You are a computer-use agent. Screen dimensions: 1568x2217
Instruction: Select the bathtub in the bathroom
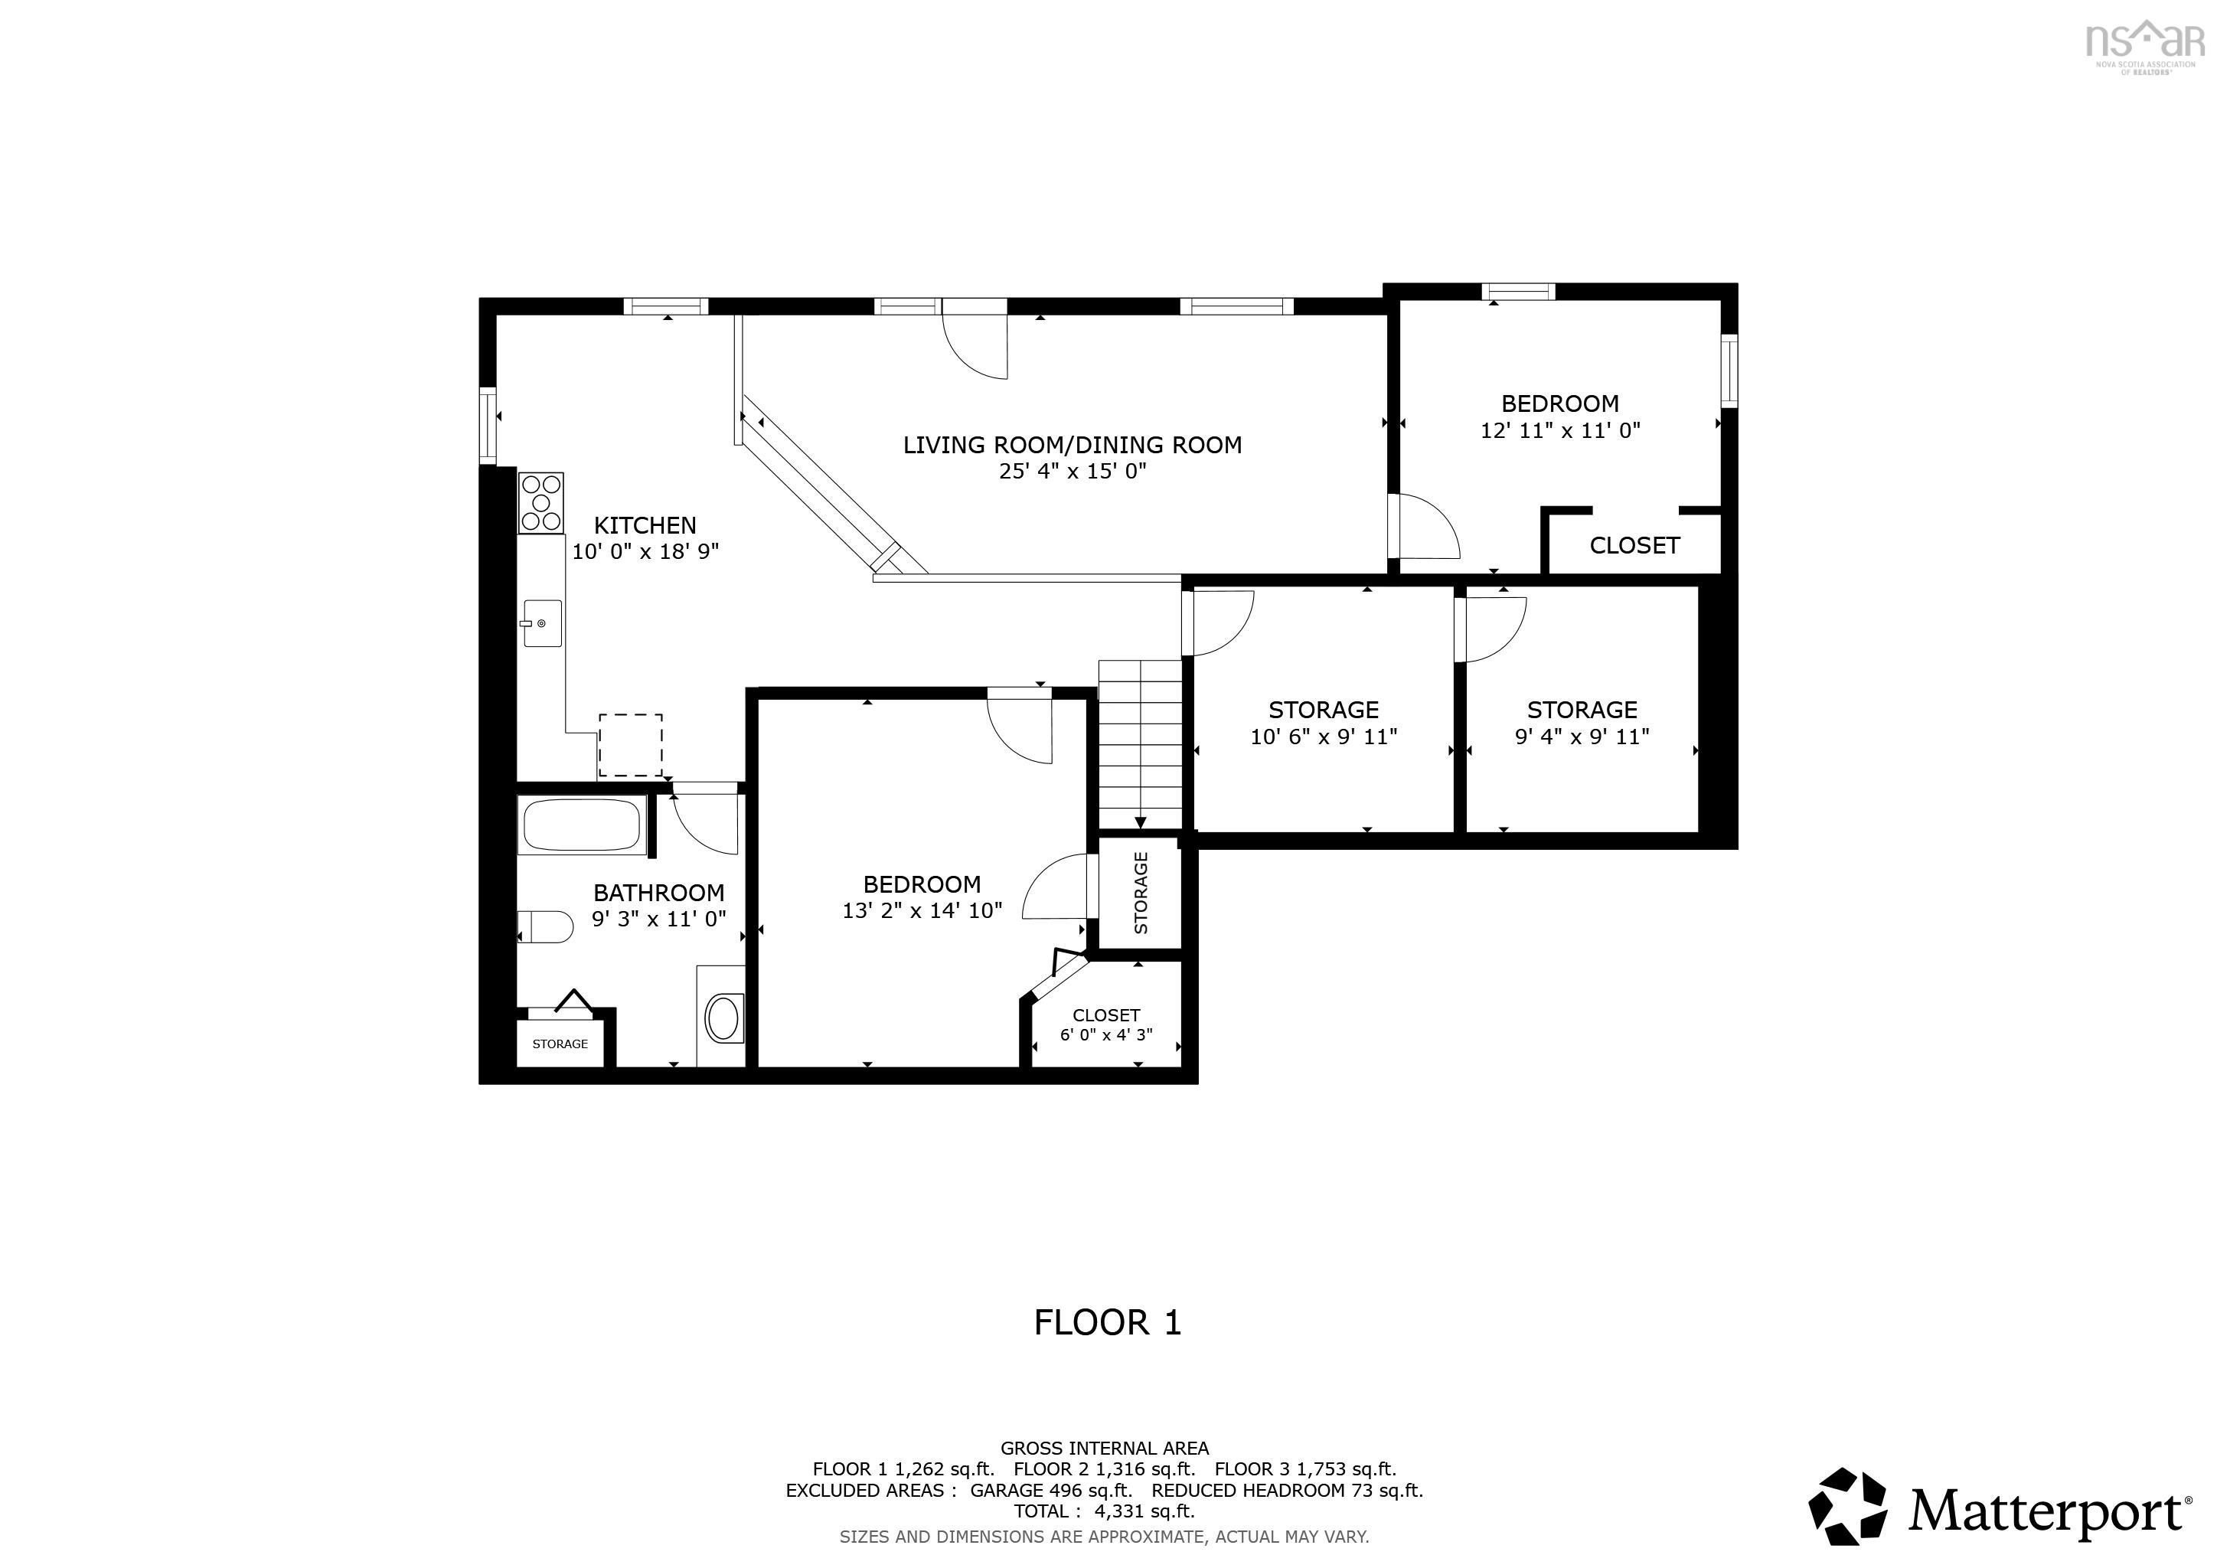(581, 825)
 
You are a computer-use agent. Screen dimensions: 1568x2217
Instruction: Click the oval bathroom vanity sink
(723, 1018)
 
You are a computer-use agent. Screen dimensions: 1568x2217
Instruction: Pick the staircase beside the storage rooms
(1141, 743)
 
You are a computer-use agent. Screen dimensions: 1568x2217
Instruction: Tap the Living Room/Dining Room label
(1072, 445)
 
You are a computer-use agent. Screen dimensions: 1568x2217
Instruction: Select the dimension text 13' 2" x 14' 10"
(922, 910)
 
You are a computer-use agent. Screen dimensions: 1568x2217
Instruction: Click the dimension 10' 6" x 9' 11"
(1323, 737)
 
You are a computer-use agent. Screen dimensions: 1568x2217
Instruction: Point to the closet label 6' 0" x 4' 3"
(1105, 1035)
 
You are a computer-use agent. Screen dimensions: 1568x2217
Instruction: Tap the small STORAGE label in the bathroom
(560, 1044)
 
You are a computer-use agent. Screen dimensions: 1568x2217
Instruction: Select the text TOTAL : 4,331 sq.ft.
(1104, 1511)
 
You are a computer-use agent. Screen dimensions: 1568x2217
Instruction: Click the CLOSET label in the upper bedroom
(1634, 546)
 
